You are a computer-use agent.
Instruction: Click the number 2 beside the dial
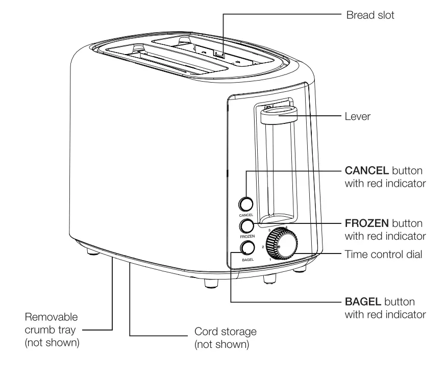click(x=262, y=247)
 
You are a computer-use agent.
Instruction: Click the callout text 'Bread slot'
click(x=370, y=15)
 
